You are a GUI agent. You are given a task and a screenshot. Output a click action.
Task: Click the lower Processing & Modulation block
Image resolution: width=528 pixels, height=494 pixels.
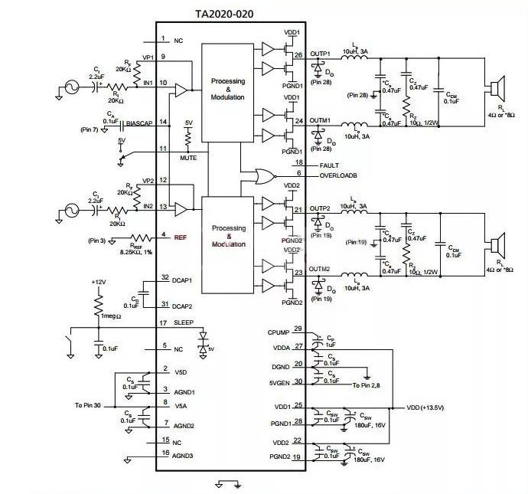coord(228,236)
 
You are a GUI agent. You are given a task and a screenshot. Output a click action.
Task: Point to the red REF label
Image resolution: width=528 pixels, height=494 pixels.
coord(181,237)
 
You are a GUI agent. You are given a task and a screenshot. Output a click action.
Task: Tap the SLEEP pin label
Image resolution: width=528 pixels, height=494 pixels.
coord(185,322)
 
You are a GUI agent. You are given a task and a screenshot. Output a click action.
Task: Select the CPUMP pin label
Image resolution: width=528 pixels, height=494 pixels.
coord(278,333)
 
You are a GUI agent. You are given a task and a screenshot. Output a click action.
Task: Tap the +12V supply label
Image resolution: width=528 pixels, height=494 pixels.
coord(98,283)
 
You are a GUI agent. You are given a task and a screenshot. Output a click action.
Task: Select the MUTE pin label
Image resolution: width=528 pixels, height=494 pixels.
coord(188,158)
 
